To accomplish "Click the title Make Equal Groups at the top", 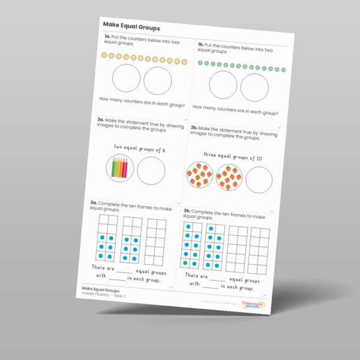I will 131,26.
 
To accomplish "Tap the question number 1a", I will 109,38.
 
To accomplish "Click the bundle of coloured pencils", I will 119,167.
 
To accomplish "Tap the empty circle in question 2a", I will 151,171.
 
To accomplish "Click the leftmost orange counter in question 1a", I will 104,55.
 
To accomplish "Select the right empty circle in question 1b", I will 254,88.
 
